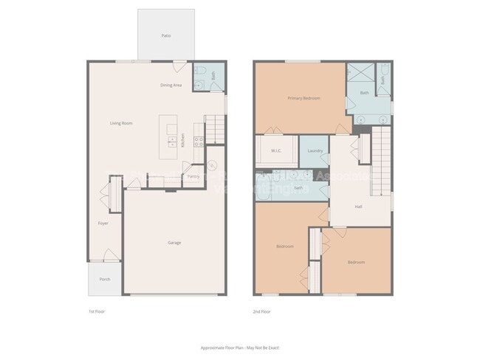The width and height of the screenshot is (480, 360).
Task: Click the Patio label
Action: [166, 35]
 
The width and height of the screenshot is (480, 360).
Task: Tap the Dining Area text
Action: [171, 86]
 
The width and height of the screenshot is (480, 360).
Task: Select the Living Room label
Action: [121, 123]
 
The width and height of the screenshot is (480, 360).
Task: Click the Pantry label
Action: [193, 176]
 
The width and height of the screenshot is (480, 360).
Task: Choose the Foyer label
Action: [103, 222]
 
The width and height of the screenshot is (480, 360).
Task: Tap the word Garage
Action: [174, 243]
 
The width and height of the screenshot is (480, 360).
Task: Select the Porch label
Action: [105, 279]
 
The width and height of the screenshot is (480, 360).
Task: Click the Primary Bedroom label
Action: [304, 98]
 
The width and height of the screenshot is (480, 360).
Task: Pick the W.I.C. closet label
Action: [276, 151]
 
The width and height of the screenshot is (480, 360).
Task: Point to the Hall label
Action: [358, 207]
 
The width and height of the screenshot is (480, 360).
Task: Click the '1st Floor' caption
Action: [96, 312]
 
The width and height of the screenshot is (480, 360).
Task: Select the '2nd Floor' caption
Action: [261, 312]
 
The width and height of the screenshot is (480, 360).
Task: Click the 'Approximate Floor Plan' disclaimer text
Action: [239, 347]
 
